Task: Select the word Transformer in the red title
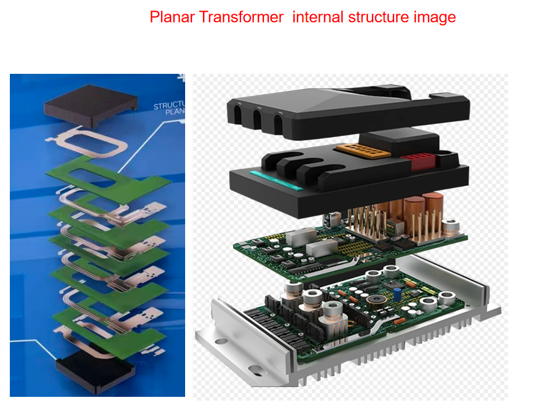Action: pyautogui.click(x=242, y=17)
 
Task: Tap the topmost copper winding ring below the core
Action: pyautogui.click(x=96, y=141)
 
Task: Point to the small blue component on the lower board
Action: pyautogui.click(x=399, y=290)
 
